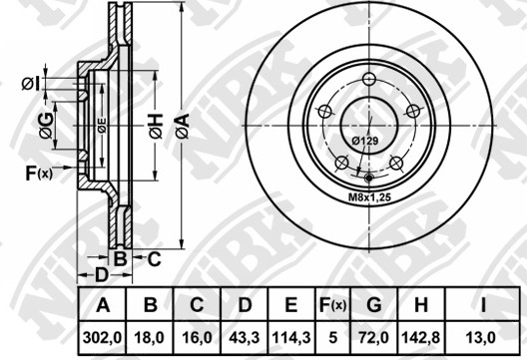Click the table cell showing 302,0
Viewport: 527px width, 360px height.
click(x=102, y=337)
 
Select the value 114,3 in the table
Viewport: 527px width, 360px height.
click(x=291, y=337)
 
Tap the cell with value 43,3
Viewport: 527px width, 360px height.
click(x=244, y=337)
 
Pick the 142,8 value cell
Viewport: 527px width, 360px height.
click(x=421, y=337)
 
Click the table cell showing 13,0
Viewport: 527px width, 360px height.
click(x=483, y=337)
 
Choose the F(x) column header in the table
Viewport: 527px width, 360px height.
click(x=332, y=305)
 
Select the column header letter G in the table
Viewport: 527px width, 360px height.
click(x=373, y=305)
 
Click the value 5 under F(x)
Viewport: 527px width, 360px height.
click(x=332, y=337)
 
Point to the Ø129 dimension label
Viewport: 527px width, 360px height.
click(x=365, y=141)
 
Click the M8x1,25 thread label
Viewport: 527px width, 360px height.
click(x=369, y=197)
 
